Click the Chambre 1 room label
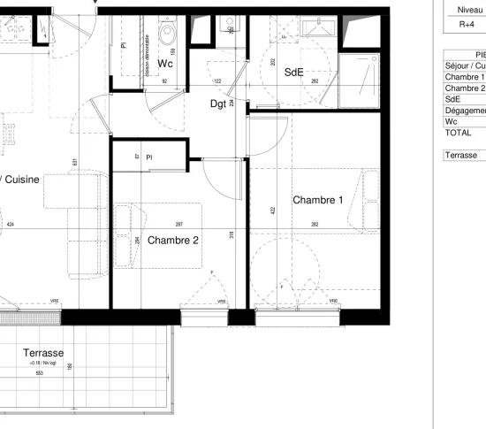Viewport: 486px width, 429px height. (318, 200)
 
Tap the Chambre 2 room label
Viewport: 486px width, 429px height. (172, 240)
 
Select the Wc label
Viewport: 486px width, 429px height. (164, 64)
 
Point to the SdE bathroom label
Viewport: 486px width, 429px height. (294, 73)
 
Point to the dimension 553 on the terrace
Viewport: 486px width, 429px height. (40, 372)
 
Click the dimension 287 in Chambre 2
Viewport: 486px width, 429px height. (179, 225)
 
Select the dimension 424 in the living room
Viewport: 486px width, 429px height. (11, 225)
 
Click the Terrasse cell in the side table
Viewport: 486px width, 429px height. (459, 154)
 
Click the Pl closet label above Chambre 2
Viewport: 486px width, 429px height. (151, 157)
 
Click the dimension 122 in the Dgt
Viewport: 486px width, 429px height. (216, 81)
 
